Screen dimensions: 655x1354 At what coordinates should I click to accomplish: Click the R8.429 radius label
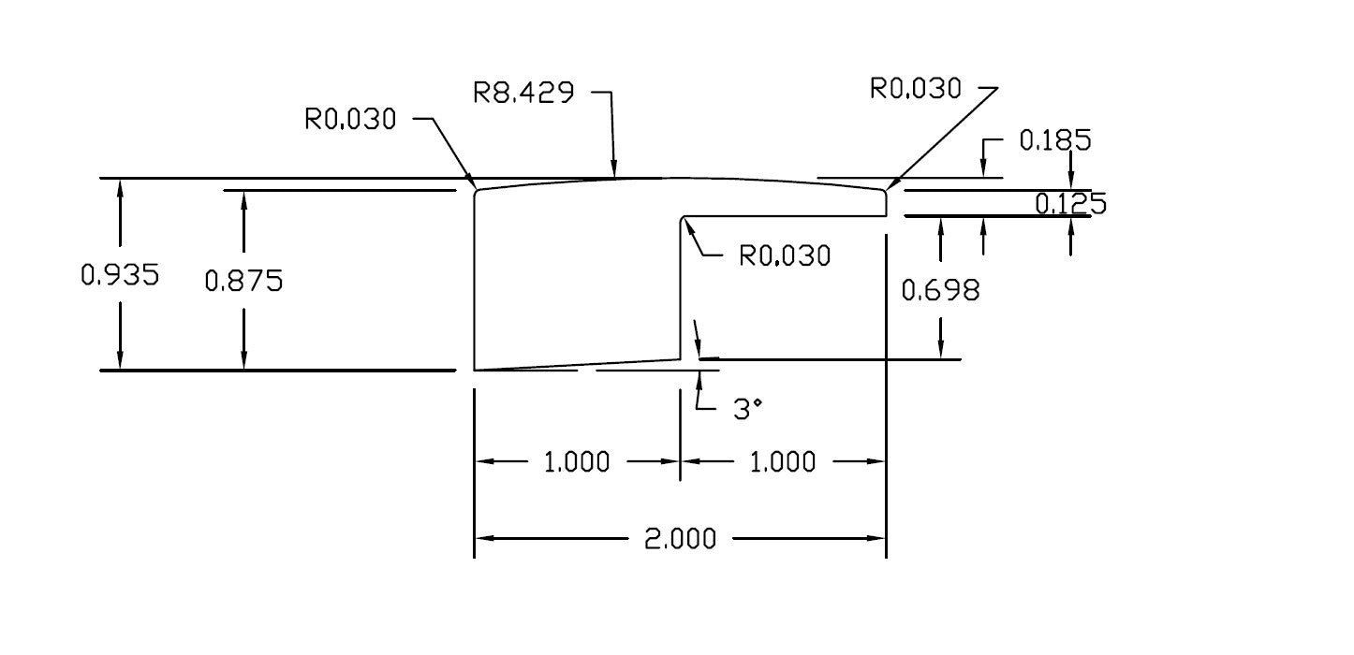[x=522, y=93]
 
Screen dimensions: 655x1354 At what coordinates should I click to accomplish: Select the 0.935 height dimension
[x=120, y=274]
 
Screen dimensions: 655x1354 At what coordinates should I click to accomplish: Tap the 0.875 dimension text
[x=243, y=280]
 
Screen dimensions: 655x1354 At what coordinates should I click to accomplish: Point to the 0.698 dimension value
[x=940, y=291]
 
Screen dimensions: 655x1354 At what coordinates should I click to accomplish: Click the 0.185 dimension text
[x=1054, y=140]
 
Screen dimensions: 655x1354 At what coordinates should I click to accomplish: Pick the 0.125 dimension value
[x=1070, y=203]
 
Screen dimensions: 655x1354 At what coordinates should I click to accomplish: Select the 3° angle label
[x=747, y=409]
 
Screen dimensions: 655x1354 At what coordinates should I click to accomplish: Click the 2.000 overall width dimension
[x=679, y=539]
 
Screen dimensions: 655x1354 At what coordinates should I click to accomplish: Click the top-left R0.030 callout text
[x=350, y=119]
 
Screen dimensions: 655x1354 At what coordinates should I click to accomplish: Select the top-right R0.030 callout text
[x=915, y=89]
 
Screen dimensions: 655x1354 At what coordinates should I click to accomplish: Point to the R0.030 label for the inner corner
[x=785, y=255]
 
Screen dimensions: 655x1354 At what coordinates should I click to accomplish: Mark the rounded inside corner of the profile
[x=684, y=220]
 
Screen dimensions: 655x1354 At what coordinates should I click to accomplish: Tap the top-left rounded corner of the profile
[x=477, y=192]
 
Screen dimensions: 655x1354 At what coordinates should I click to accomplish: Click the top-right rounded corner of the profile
[x=884, y=191]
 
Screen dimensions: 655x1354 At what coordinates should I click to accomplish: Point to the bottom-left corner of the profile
[x=475, y=370]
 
